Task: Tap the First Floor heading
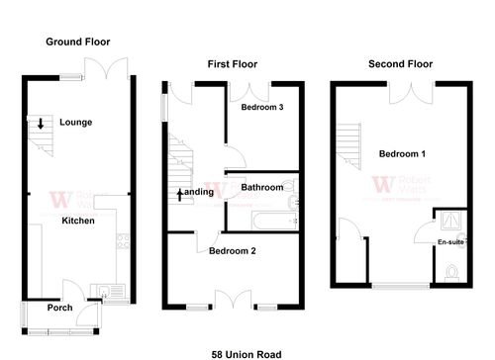[233, 64]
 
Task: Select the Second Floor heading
[401, 64]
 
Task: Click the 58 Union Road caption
[247, 353]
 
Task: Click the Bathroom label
[262, 187]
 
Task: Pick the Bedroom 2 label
[232, 251]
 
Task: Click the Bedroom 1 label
[402, 154]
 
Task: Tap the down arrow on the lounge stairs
[40, 124]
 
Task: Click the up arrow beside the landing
[179, 193]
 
